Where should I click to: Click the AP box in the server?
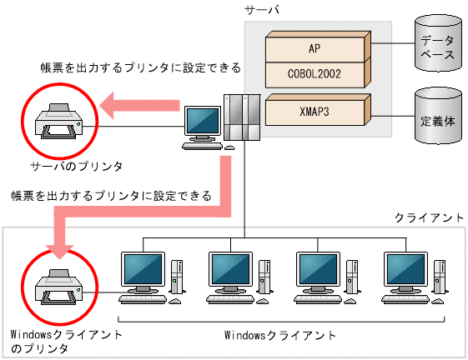point(315,47)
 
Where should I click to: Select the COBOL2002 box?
point(315,74)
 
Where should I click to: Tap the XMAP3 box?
point(315,109)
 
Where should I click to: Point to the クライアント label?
point(428,217)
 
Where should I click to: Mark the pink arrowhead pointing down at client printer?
point(58,246)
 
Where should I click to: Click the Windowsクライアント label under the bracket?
point(281,335)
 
